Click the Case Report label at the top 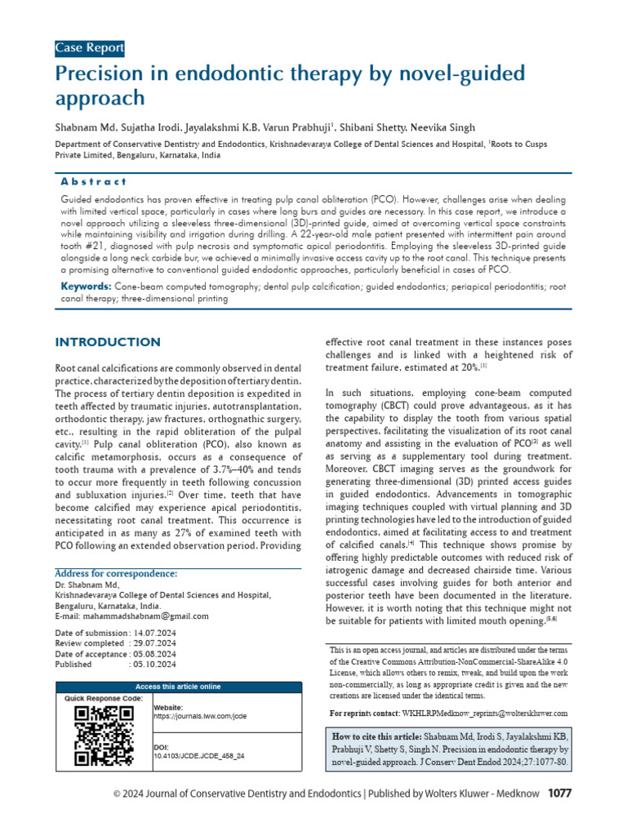[x=89, y=48]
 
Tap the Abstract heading [x=95, y=181]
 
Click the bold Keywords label [x=87, y=287]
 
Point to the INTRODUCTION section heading [x=107, y=342]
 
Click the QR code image [x=104, y=735]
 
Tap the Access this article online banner [x=177, y=687]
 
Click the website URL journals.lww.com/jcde [x=200, y=716]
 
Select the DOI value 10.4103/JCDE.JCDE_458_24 [x=199, y=757]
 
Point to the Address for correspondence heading [x=115, y=574]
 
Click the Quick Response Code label [x=104, y=699]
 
